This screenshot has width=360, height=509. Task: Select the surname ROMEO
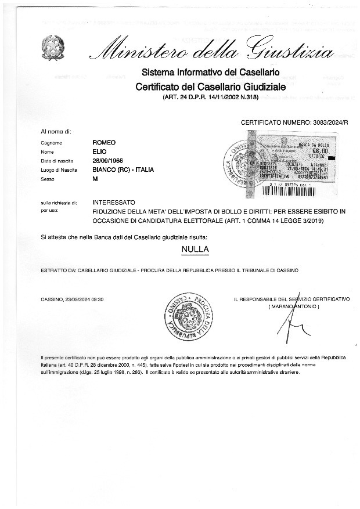point(105,142)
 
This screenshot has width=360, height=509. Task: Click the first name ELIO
point(100,151)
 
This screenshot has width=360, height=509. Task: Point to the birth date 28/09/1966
point(108,161)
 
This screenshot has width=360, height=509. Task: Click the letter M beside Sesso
point(95,179)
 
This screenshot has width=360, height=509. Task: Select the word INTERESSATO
point(114,203)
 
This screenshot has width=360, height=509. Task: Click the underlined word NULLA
point(195,250)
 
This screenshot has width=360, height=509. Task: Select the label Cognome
point(52,143)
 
